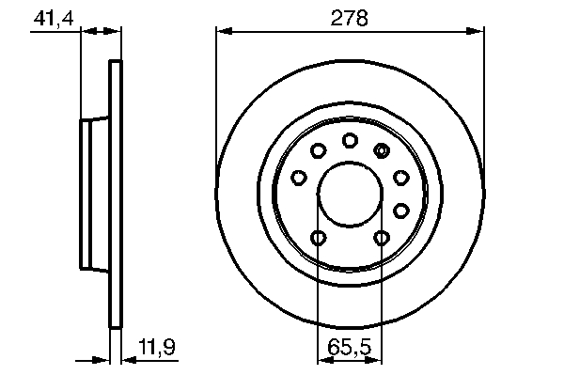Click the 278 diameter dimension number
tap(350, 18)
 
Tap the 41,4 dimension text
tap(54, 19)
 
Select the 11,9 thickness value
tap(157, 347)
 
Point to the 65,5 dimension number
tap(349, 348)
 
